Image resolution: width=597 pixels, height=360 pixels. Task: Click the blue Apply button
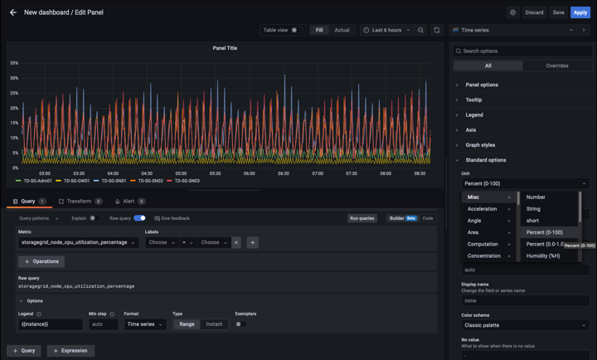(580, 12)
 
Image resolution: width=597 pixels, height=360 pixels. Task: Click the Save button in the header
(558, 12)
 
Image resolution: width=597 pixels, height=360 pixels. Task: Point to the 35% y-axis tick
(14, 63)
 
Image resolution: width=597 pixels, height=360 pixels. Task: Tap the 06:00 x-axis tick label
(249, 173)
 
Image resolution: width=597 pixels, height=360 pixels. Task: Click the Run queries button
(362, 218)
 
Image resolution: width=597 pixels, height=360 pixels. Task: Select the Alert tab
(129, 202)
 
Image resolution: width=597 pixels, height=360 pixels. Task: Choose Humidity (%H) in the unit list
(543, 255)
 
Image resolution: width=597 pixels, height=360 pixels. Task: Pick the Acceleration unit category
(483, 209)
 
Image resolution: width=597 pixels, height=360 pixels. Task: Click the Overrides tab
(557, 66)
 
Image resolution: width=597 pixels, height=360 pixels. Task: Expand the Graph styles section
(480, 145)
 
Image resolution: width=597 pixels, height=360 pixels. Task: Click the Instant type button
(214, 324)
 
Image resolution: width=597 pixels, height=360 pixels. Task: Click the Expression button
(70, 351)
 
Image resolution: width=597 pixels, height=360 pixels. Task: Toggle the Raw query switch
(139, 218)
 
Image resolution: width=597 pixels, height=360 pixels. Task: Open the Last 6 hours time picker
(386, 30)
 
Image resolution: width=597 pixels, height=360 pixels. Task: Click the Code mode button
(428, 218)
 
